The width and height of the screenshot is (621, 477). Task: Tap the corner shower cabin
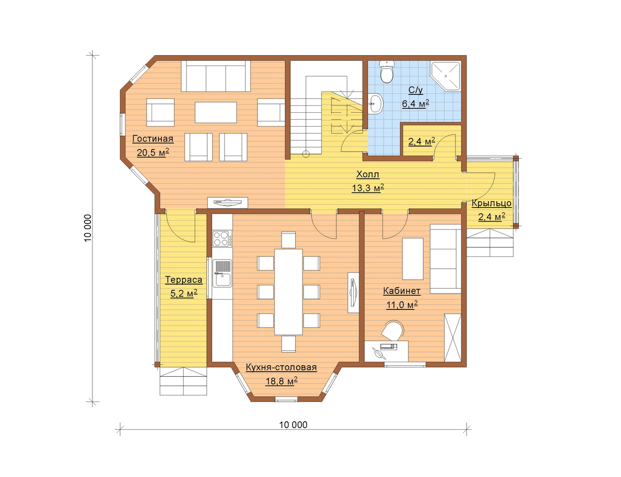[446, 76]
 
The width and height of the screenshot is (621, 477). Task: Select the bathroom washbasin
[375, 104]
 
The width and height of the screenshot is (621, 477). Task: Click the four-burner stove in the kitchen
[222, 238]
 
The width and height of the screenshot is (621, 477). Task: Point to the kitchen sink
[222, 273]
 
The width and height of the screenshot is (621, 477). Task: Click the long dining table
[288, 292]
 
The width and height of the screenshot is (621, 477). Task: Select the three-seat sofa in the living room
[216, 76]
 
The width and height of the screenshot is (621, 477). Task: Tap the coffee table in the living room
[216, 112]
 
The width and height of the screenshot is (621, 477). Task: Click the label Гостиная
[153, 139]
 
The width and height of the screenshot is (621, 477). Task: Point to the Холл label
[368, 174]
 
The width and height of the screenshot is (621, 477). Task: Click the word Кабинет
[402, 291]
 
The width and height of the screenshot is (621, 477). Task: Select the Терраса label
[183, 280]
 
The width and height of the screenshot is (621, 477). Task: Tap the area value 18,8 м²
[282, 381]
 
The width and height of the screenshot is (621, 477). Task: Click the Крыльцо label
[491, 204]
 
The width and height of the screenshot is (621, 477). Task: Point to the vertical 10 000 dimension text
[88, 228]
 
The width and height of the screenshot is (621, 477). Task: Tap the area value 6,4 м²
[415, 103]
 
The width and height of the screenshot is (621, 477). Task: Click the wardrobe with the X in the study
[453, 338]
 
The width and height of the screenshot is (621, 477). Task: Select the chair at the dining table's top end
[288, 240]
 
